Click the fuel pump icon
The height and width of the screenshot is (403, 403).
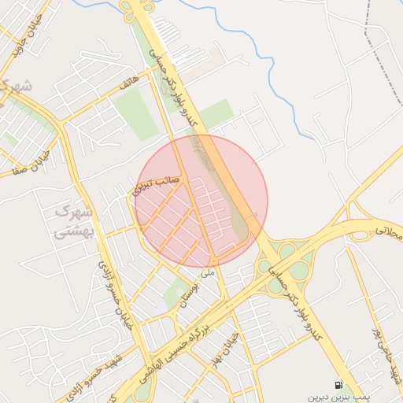338,385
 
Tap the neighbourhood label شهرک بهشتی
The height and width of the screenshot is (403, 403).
75,222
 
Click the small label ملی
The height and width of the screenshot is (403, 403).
208,274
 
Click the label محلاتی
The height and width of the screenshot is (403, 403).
387,231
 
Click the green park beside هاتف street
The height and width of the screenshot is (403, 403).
135,113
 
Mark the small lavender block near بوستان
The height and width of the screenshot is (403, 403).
162,305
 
